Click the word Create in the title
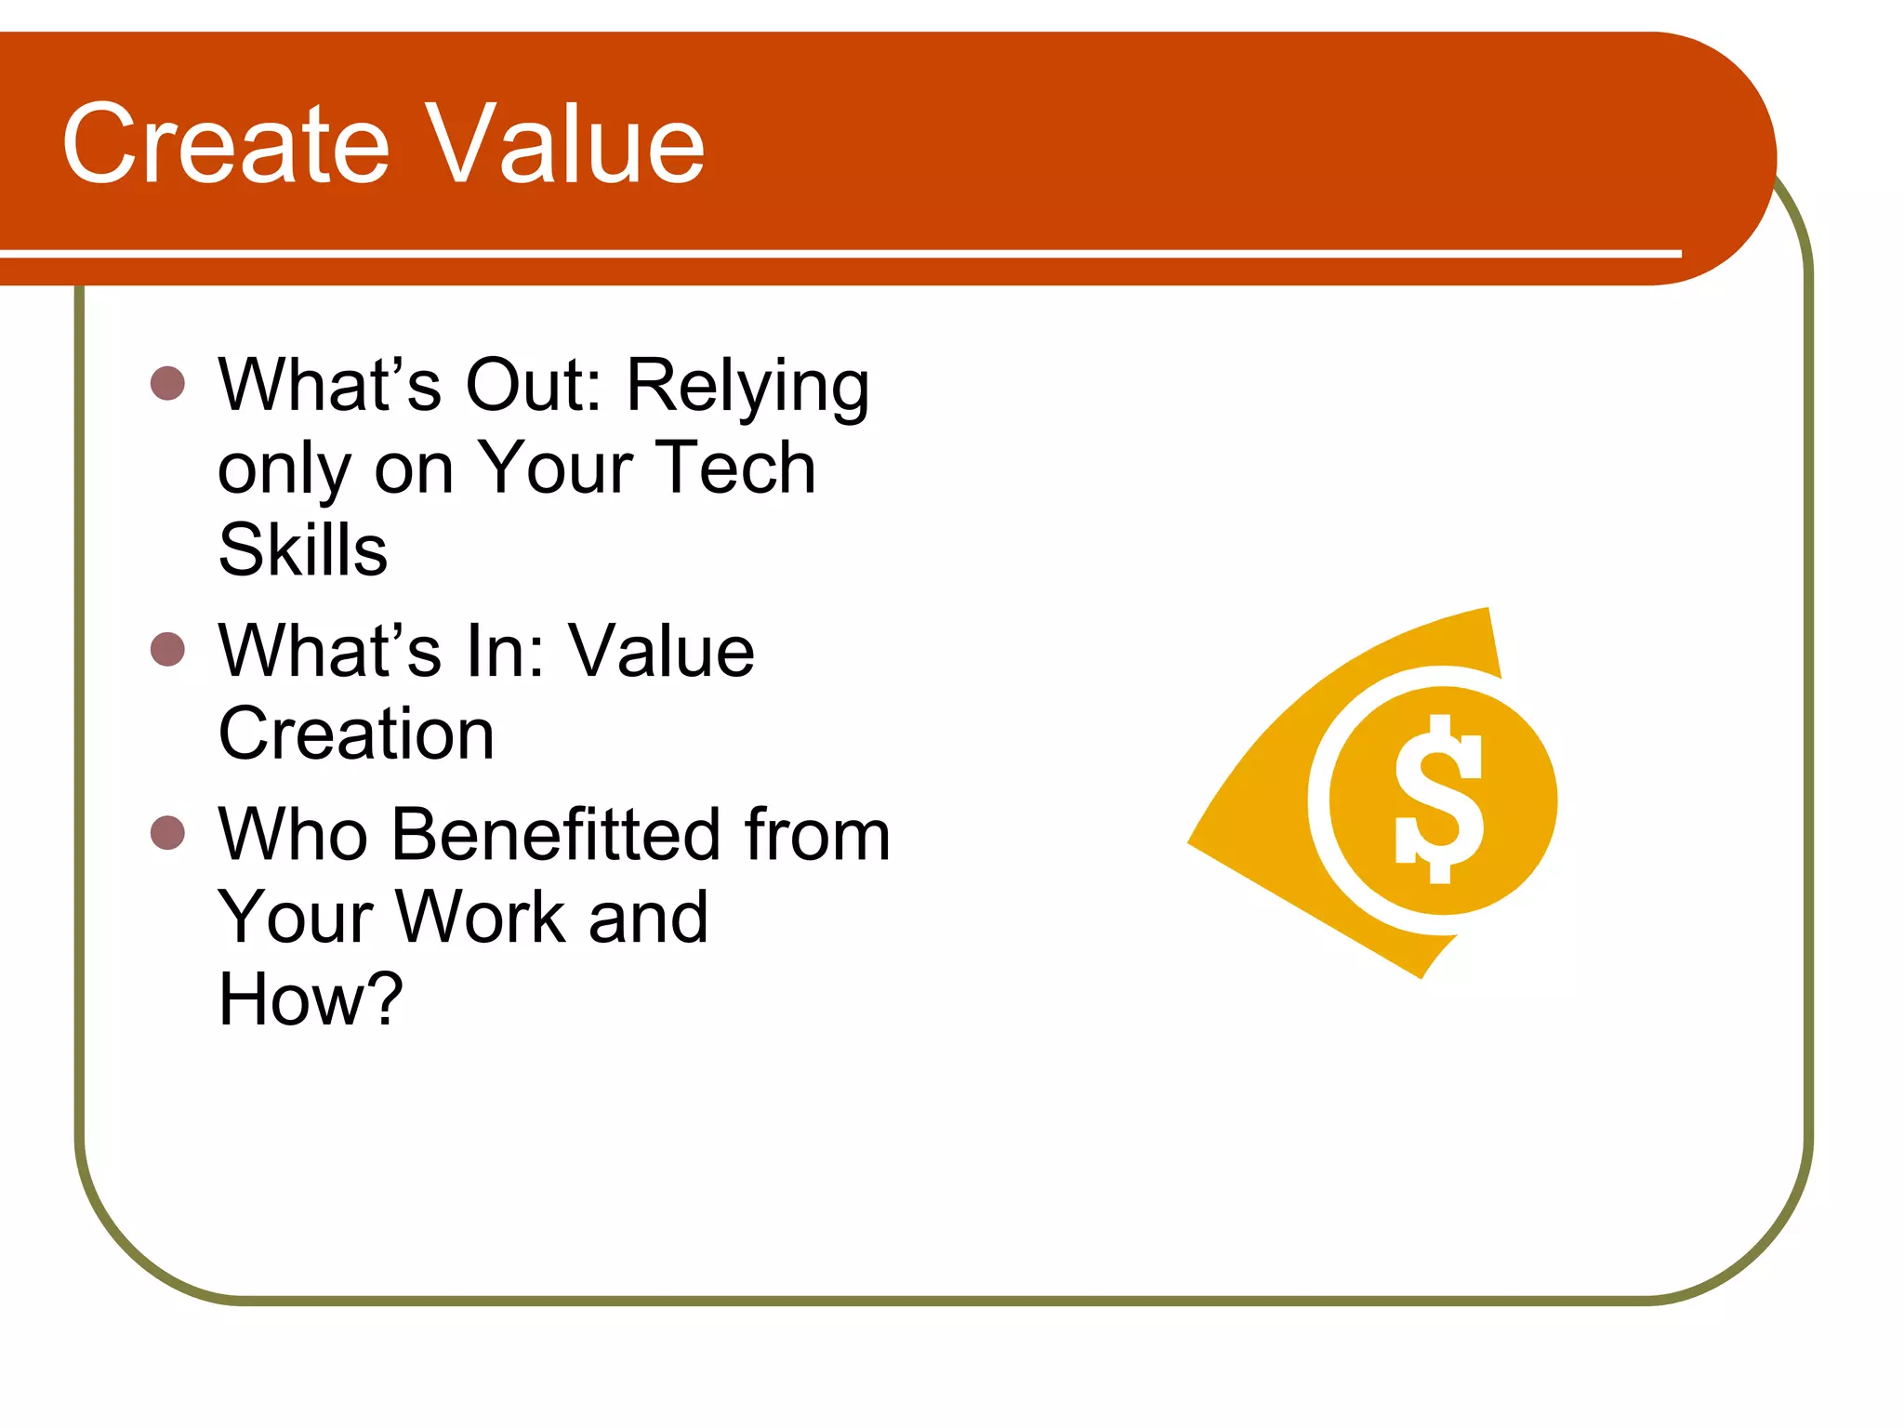(x=226, y=145)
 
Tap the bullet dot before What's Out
(x=167, y=383)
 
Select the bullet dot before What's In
(x=167, y=649)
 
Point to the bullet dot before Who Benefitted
(x=167, y=833)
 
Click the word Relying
(x=748, y=386)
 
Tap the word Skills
(x=302, y=549)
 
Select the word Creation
(x=356, y=734)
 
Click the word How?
(x=311, y=999)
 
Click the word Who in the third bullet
(x=294, y=834)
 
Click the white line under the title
(x=837, y=253)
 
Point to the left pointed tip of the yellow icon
(x=1191, y=842)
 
